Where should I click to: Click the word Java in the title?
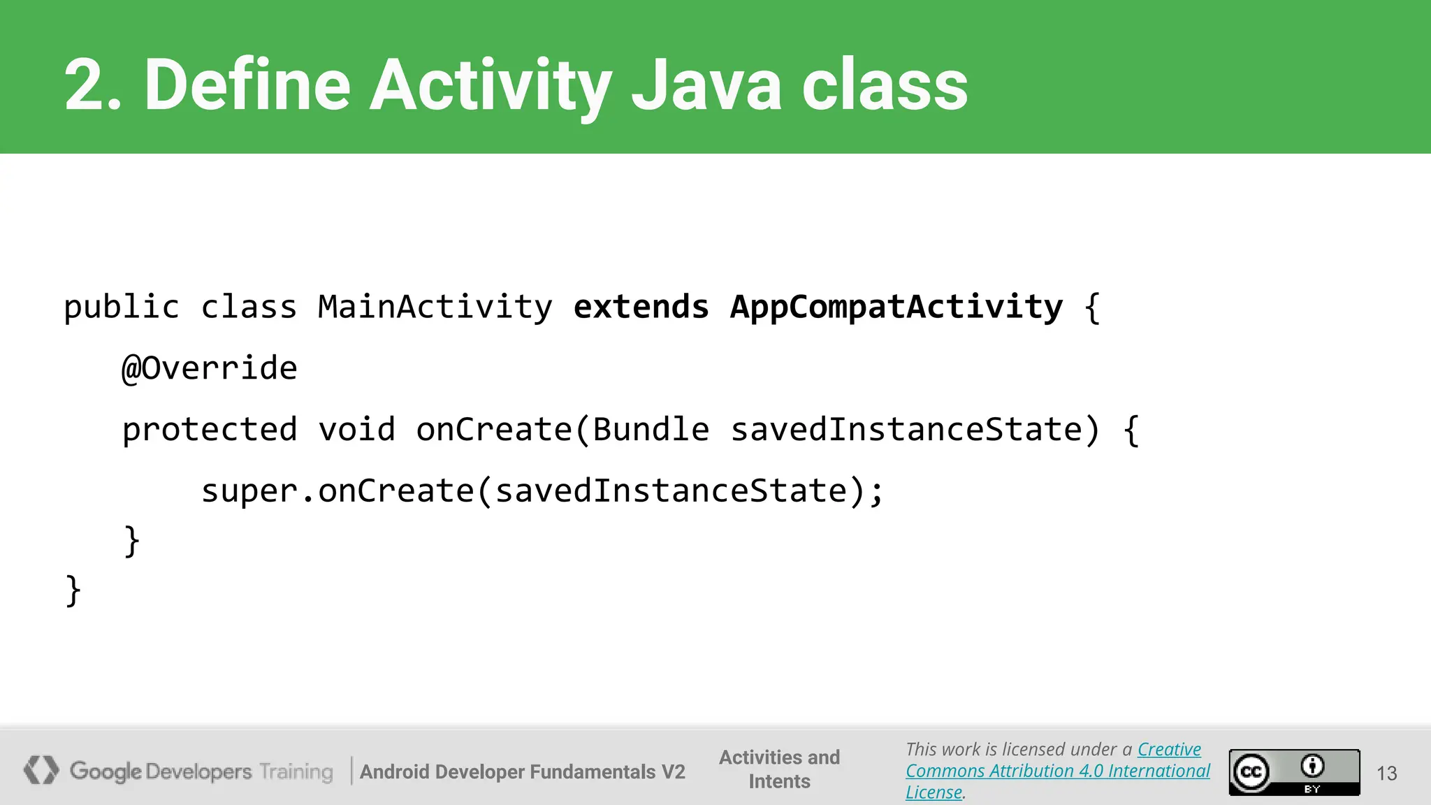coord(706,85)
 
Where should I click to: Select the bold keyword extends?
coord(641,307)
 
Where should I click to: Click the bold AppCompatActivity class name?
coord(896,307)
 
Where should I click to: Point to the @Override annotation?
coord(210,368)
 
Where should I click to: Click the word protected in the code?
coord(210,430)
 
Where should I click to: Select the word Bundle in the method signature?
coord(651,430)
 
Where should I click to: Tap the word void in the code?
coord(356,430)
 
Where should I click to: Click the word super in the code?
coord(249,491)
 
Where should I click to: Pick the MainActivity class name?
coord(435,307)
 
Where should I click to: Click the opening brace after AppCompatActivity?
coord(1092,307)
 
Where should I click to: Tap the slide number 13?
coord(1386,773)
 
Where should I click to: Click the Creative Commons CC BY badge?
coord(1294,772)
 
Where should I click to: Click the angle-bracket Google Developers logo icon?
coord(41,770)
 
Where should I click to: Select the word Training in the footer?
coord(296,771)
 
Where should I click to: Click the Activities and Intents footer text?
coord(779,769)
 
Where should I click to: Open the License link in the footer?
coord(934,792)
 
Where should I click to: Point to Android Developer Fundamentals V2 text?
coord(522,771)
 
